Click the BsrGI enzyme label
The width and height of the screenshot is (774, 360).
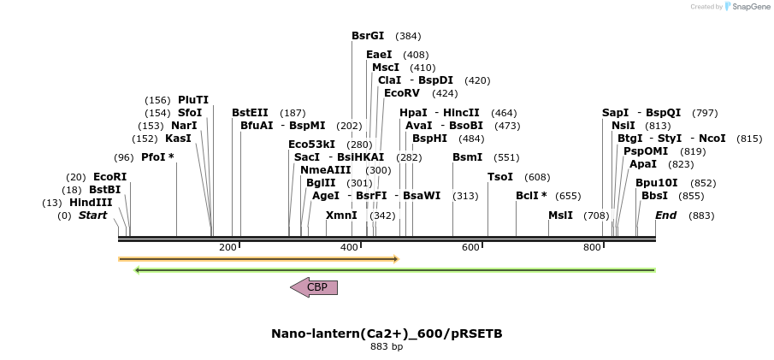[368, 36]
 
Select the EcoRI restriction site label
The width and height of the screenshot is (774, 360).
[109, 177]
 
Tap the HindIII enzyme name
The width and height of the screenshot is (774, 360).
[91, 203]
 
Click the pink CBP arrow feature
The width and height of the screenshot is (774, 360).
[314, 287]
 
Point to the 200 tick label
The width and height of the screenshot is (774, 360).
[227, 248]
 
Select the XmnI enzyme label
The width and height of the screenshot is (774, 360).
[341, 215]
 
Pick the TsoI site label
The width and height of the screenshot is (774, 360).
[500, 177]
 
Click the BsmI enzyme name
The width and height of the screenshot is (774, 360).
[468, 157]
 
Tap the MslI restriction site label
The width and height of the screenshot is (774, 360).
[561, 215]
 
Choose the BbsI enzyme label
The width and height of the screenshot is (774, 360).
[654, 196]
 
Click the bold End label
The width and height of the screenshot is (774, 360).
[665, 215]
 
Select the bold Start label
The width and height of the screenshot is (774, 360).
[93, 215]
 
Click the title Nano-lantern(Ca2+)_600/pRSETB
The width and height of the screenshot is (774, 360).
[387, 333]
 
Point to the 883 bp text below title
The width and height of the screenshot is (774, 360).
[387, 346]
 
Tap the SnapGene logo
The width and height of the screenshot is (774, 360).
[747, 7]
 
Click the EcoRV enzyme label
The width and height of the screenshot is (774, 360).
[402, 93]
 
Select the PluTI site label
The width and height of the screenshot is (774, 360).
[193, 100]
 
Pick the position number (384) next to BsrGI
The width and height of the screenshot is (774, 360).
[408, 36]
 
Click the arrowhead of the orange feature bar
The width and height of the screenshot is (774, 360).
[395, 258]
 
